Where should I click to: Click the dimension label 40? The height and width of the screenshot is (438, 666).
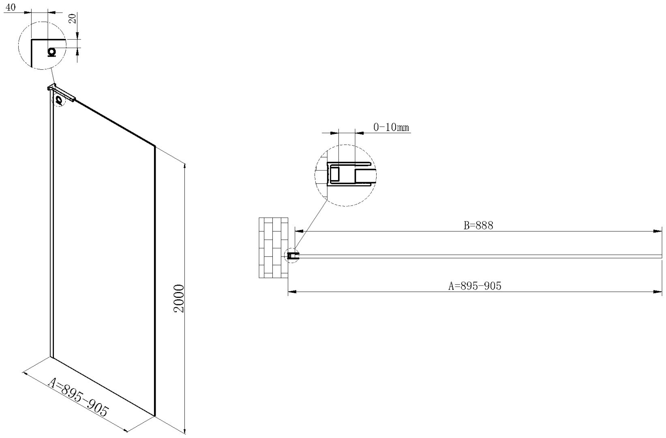11,7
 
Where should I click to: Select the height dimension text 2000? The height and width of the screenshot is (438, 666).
179,298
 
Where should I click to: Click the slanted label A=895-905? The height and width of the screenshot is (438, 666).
79,397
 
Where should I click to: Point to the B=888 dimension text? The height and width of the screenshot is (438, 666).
478,225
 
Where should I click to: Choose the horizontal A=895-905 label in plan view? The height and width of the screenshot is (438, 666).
475,286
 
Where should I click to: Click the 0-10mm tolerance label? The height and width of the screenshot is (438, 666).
391,127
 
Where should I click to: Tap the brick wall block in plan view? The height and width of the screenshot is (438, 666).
274,248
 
